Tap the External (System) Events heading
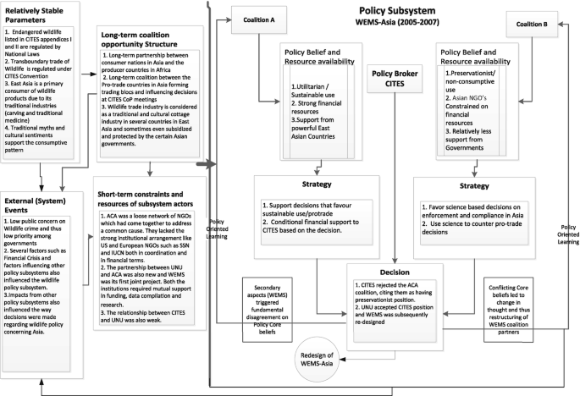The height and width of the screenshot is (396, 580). tap(39, 206)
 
